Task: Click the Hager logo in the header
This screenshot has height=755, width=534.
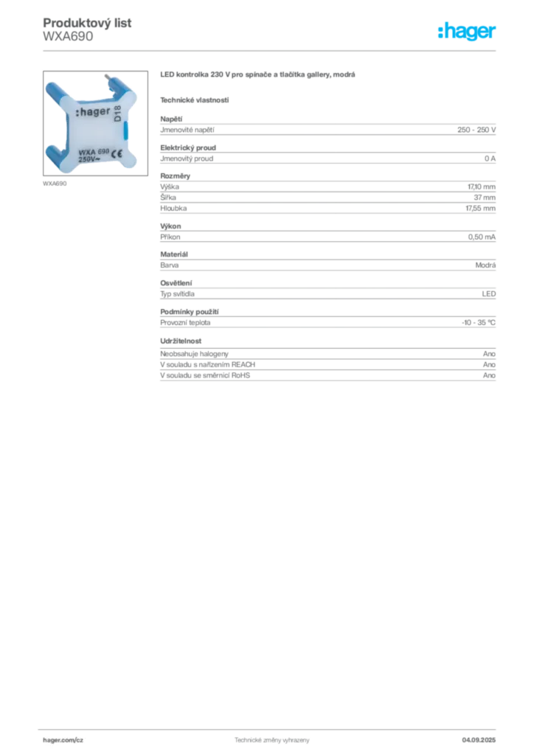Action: [467, 31]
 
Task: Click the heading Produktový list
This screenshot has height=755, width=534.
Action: [87, 23]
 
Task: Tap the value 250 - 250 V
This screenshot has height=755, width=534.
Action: [476, 130]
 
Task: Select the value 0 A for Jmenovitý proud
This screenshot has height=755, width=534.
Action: [490, 159]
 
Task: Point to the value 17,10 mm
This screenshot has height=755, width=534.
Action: [481, 187]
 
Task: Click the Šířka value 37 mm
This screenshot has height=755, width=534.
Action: [485, 198]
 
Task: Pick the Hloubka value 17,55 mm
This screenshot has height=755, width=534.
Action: [480, 209]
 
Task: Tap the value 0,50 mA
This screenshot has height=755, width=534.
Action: [482, 237]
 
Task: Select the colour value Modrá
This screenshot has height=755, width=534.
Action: [485, 265]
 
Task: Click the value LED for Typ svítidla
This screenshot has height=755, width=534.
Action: [489, 293]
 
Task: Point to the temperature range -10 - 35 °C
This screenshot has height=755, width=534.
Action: [479, 323]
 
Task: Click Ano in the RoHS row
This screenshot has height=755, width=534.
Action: [489, 375]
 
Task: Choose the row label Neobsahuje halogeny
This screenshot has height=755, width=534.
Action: [194, 354]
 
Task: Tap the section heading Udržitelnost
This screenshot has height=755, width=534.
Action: [181, 341]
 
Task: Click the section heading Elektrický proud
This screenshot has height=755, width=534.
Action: [188, 147]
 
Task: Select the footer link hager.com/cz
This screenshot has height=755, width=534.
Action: [63, 740]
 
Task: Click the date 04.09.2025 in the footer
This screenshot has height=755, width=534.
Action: [479, 740]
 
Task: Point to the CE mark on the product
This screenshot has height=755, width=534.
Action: [117, 154]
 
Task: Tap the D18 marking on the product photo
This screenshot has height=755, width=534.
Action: [117, 114]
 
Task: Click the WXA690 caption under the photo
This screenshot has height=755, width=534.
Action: [55, 184]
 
